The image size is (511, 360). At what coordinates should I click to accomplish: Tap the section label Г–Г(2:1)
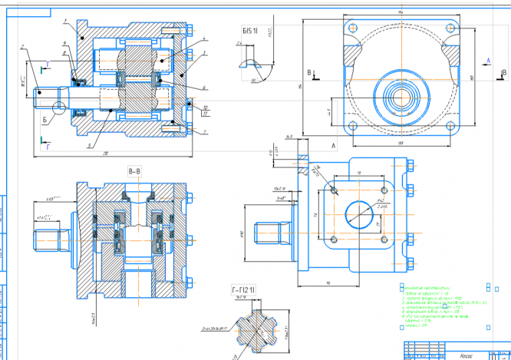tap(244, 289)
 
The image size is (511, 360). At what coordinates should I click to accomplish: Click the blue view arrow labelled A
tap(488, 59)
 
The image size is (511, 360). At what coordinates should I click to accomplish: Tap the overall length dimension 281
tap(104, 154)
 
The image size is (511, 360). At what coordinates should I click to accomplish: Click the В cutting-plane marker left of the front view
tap(309, 73)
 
